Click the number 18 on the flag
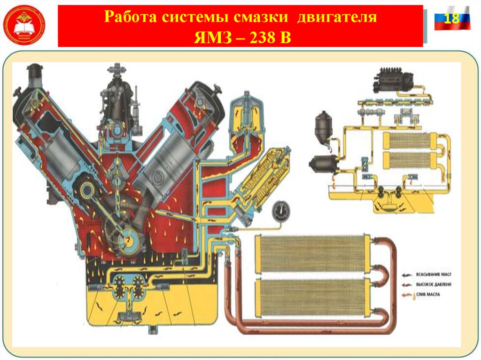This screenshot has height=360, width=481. tap(451, 19)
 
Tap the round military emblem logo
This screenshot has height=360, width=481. tap(24, 23)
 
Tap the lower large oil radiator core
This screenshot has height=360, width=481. tap(312, 297)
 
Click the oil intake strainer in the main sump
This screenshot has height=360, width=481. tap(127, 317)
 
